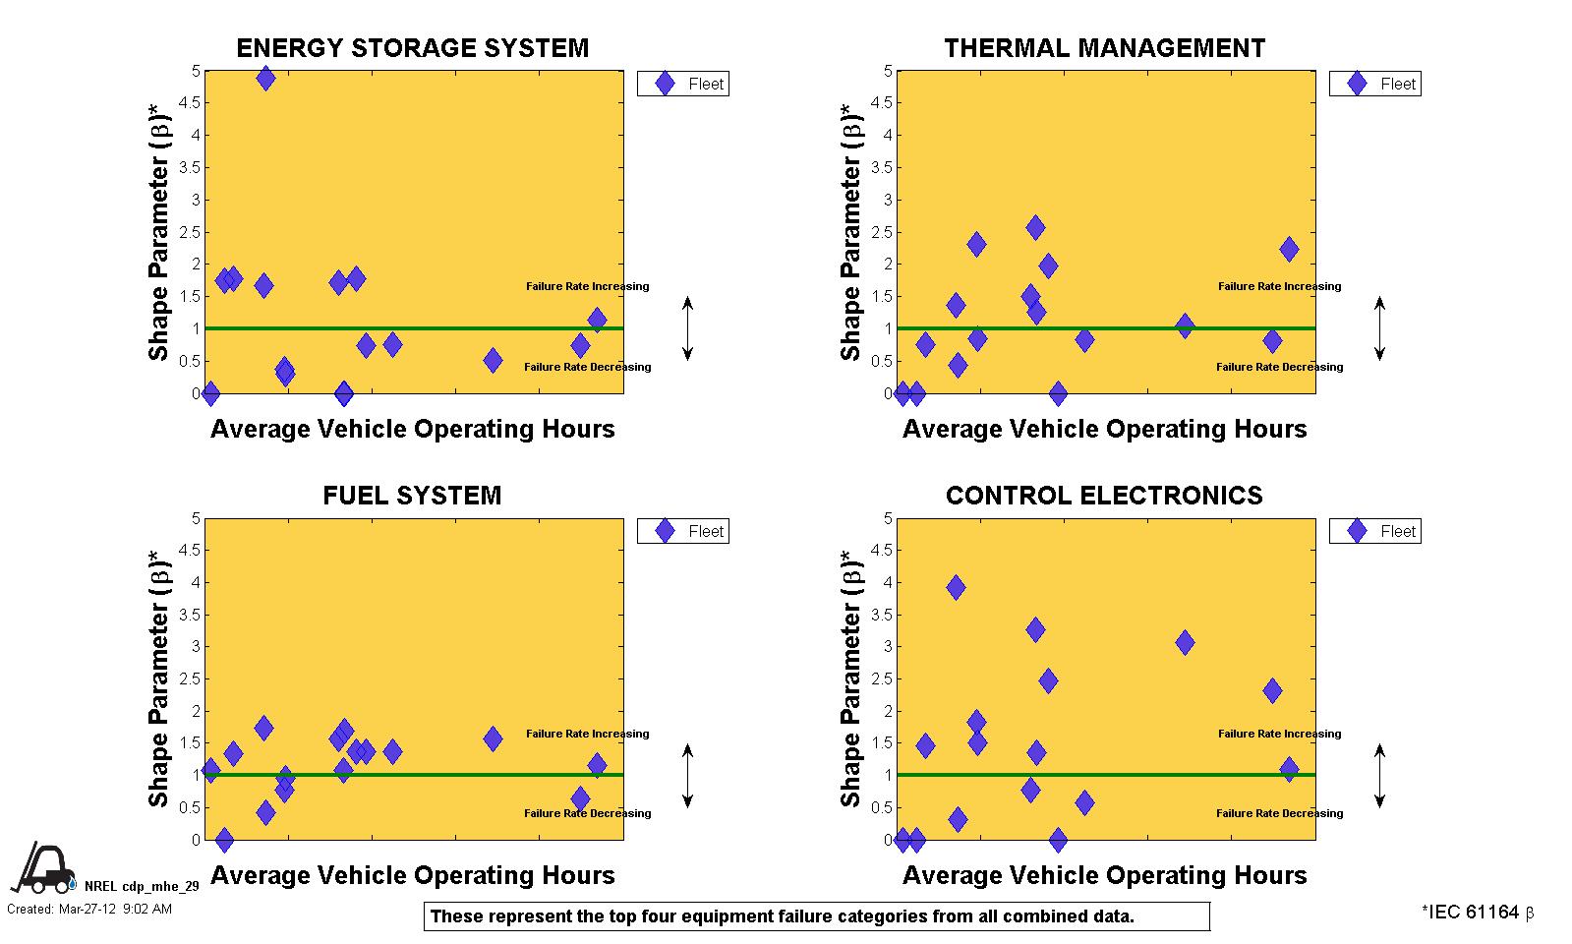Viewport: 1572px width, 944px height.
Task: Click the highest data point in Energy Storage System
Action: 265,78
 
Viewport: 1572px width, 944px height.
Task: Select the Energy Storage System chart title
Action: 413,48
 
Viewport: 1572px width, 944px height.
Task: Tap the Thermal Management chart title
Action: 1104,48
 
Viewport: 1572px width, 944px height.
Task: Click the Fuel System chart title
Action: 412,495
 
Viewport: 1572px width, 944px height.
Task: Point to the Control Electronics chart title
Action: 1104,495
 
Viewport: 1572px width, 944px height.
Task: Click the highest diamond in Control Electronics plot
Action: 956,588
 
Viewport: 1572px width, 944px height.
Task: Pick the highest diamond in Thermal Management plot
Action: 1035,227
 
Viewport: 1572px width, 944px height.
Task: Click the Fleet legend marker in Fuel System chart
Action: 666,531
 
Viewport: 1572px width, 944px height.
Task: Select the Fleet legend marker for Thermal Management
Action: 1358,84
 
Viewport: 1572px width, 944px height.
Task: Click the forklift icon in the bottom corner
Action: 42,869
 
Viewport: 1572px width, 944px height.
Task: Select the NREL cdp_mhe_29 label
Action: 142,886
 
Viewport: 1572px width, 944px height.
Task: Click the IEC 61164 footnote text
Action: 1477,913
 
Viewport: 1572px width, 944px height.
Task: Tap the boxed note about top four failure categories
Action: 816,916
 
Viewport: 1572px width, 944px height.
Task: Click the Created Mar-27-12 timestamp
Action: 89,909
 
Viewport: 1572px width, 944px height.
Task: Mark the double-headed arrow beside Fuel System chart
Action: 688,775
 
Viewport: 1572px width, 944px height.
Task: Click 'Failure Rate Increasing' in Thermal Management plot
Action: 1279,286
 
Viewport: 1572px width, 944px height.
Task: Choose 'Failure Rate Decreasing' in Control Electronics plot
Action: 1279,813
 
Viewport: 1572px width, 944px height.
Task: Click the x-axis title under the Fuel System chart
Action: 413,875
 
